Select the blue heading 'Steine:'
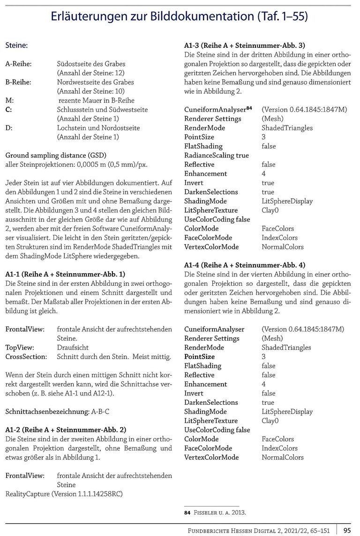16,46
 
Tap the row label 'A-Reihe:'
18,64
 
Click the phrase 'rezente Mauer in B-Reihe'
96,100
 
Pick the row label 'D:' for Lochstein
9,128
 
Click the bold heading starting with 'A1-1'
65,274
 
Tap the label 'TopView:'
21,348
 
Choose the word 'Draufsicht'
73,348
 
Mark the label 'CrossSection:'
26,357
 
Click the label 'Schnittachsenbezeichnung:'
46,411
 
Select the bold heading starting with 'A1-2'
66,430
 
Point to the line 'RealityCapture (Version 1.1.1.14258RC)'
67,494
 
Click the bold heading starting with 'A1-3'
244,45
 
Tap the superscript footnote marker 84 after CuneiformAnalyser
249,108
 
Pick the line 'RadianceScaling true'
217,155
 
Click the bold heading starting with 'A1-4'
245,265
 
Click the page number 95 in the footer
347,530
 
